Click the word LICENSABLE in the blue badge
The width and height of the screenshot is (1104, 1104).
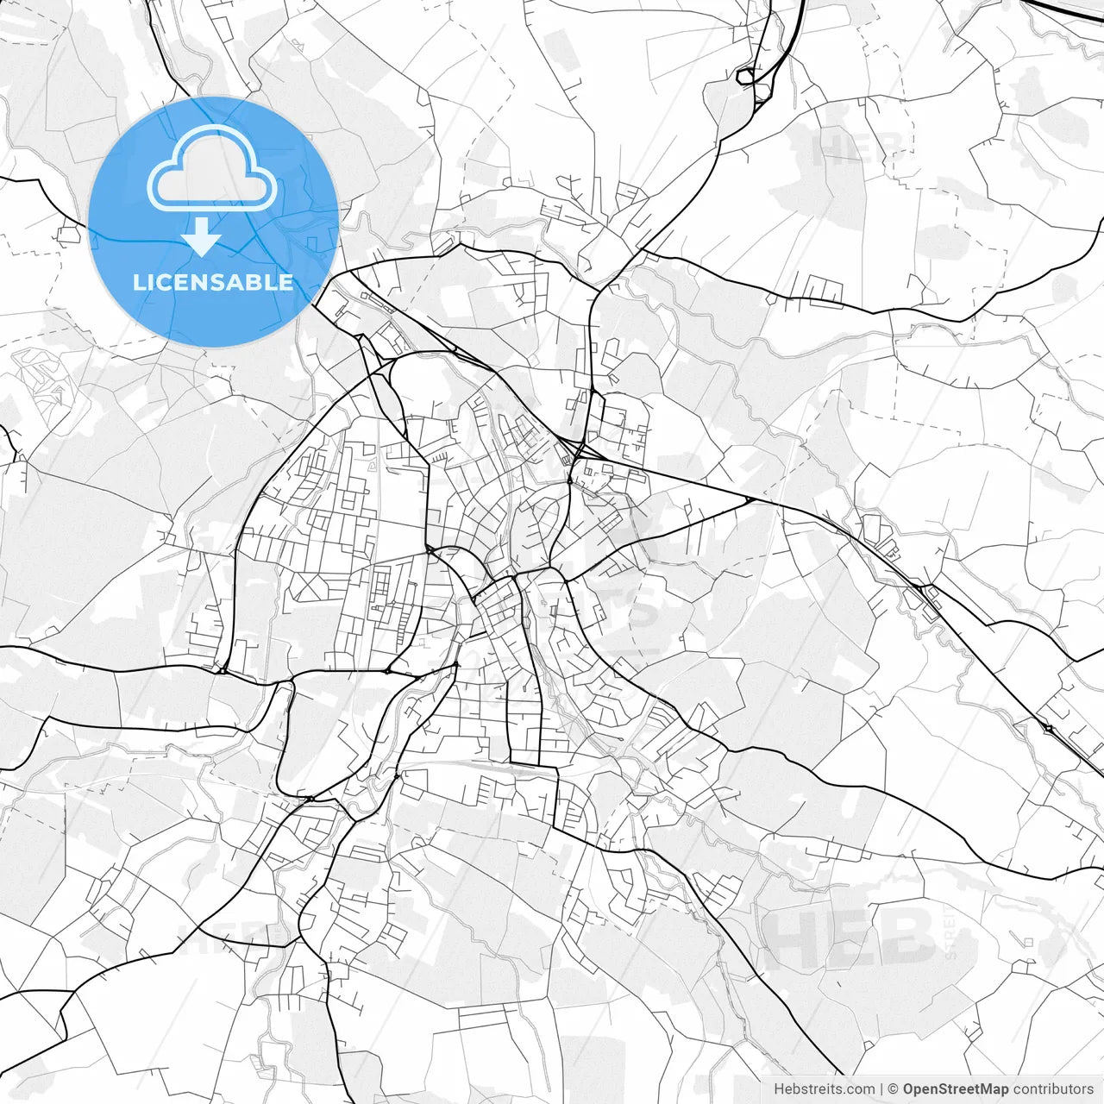point(213,283)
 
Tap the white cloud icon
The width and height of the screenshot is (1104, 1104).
point(212,168)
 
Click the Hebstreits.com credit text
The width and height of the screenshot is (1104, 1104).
point(824,1089)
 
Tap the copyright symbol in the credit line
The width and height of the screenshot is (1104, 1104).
point(894,1089)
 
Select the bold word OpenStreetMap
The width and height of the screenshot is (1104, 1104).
point(956,1089)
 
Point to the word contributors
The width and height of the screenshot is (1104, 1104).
point(1053,1089)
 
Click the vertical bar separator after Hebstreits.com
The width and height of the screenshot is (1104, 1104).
point(881,1089)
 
